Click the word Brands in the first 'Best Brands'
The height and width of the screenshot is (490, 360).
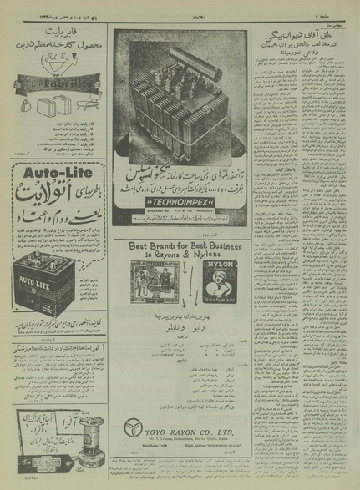[175, 248]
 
